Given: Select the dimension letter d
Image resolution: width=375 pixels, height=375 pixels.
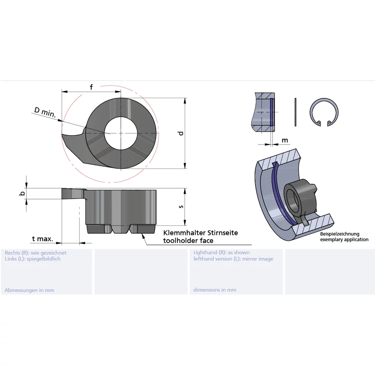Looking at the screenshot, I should click(180, 133).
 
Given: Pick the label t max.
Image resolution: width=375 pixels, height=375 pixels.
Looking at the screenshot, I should click(42, 239).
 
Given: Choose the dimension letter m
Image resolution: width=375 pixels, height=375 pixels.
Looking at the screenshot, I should click(285, 140).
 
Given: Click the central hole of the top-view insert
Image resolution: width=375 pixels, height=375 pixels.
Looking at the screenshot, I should click(121, 132).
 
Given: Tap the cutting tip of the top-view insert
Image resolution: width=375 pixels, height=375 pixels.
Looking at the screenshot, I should click(64, 135).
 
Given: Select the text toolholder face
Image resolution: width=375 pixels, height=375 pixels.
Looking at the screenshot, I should click(188, 240).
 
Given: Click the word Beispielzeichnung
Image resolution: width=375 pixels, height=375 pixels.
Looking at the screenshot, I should click(340, 234).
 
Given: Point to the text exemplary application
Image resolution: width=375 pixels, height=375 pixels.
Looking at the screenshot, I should click(344, 240).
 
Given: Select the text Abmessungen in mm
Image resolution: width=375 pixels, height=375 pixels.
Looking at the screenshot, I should click(29, 290).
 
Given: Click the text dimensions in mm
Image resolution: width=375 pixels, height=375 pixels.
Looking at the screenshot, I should click(215, 290).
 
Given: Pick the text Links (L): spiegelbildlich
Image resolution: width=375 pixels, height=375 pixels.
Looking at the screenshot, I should click(32, 259).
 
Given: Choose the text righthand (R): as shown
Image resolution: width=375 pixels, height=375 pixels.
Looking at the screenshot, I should click(222, 252).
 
